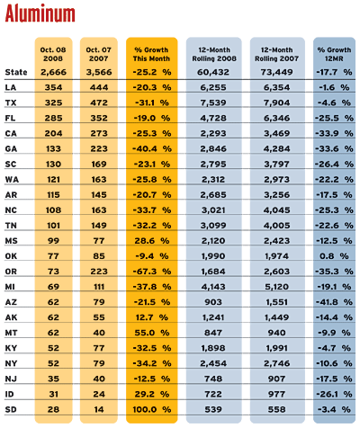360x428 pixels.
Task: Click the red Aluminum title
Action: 40,13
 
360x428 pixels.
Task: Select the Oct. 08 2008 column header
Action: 53,54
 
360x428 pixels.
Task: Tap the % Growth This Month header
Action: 151,54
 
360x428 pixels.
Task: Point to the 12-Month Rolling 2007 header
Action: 277,54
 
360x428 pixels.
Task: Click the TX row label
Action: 10,103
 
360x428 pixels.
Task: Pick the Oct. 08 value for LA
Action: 53,87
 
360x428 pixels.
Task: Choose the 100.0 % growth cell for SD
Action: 152,409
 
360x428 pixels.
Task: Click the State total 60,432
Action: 213,72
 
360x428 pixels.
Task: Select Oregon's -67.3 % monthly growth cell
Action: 152,272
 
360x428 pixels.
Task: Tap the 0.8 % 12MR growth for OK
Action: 334,256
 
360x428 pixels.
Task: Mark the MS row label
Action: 11,241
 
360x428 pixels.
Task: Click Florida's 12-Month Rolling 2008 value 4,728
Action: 213,118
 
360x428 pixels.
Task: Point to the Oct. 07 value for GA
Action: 99,148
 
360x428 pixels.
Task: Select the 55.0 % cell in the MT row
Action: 152,333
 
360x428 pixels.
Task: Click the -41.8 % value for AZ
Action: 334,302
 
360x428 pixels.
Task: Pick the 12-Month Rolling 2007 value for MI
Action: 277,287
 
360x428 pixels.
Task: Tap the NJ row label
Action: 11,379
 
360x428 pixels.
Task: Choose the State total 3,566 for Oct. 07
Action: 99,72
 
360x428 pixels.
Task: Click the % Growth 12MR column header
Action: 334,54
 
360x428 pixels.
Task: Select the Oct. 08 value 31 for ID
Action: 53,394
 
